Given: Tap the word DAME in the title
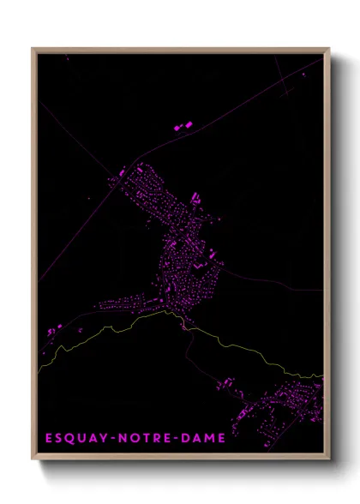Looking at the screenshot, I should [202, 438].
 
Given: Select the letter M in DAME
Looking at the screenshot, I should [208, 438].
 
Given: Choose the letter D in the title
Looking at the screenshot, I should [184, 438].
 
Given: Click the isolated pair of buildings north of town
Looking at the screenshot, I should [183, 127].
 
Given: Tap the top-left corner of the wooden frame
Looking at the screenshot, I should [33, 49].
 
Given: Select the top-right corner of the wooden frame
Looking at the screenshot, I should [329, 49].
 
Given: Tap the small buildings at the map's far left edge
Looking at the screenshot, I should [51, 330].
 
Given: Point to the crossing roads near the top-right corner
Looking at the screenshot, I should [284, 88].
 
